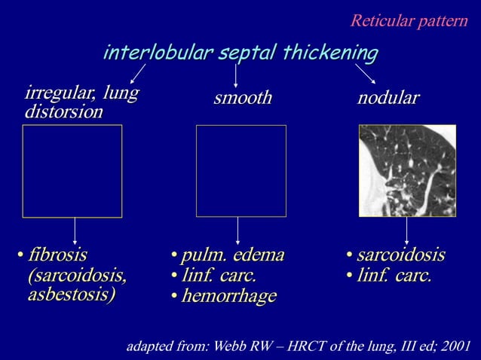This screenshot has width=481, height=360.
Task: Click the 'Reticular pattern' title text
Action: click(x=409, y=20)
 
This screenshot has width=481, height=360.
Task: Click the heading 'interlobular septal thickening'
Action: click(x=240, y=53)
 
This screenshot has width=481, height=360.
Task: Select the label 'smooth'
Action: click(x=241, y=99)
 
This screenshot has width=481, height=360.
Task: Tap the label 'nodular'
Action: click(x=388, y=99)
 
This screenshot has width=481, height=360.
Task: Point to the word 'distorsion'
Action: click(x=63, y=112)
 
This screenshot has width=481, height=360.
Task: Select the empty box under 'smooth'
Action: click(x=240, y=171)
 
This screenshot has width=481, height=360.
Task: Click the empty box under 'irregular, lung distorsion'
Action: click(x=72, y=171)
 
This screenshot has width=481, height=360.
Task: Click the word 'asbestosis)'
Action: click(x=72, y=294)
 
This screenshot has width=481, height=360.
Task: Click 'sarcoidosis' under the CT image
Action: click(x=400, y=254)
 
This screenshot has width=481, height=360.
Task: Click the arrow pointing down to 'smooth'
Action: click(x=236, y=76)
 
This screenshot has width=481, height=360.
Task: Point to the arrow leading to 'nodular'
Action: click(x=366, y=75)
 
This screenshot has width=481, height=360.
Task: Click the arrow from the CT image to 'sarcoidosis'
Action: click(x=406, y=230)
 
